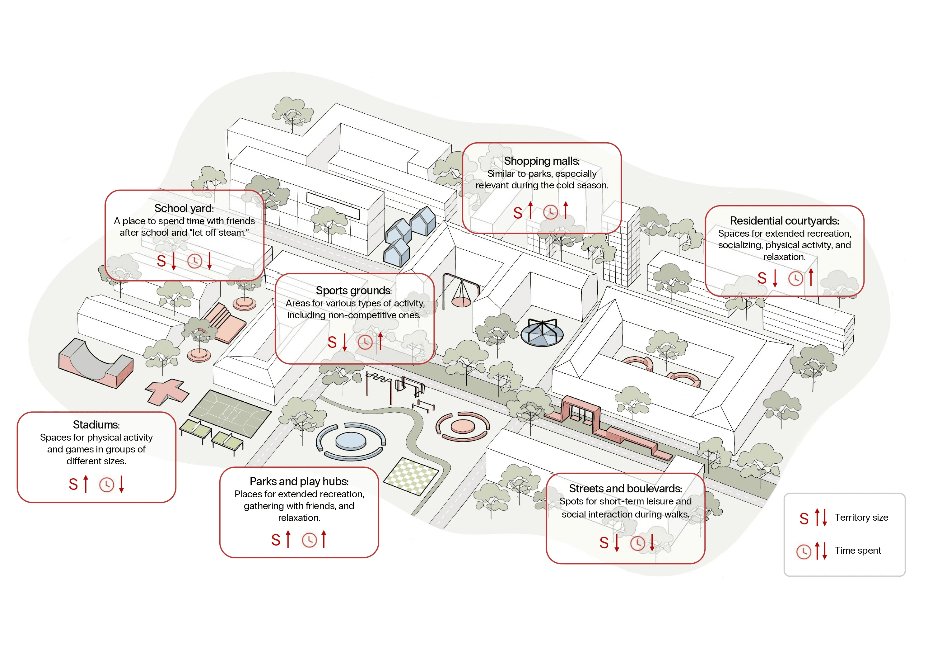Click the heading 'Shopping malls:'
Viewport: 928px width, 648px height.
point(541,161)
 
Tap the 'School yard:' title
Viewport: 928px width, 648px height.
point(184,208)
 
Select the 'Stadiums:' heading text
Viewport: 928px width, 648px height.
point(96,425)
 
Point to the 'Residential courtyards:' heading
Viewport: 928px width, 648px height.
point(784,221)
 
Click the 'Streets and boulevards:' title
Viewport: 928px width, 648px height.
point(625,489)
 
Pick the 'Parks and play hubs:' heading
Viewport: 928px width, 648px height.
point(299,481)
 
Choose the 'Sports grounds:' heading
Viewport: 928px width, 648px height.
point(354,291)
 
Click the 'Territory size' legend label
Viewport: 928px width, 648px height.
point(861,517)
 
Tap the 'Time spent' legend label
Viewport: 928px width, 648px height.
point(857,551)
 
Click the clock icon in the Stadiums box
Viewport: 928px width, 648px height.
point(107,485)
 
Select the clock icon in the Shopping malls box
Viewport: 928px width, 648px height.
point(550,212)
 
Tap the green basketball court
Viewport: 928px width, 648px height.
point(230,414)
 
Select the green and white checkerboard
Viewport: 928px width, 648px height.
point(411,476)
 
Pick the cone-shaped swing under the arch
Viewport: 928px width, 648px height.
point(461,295)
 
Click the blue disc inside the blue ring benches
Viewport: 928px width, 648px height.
point(350,441)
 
